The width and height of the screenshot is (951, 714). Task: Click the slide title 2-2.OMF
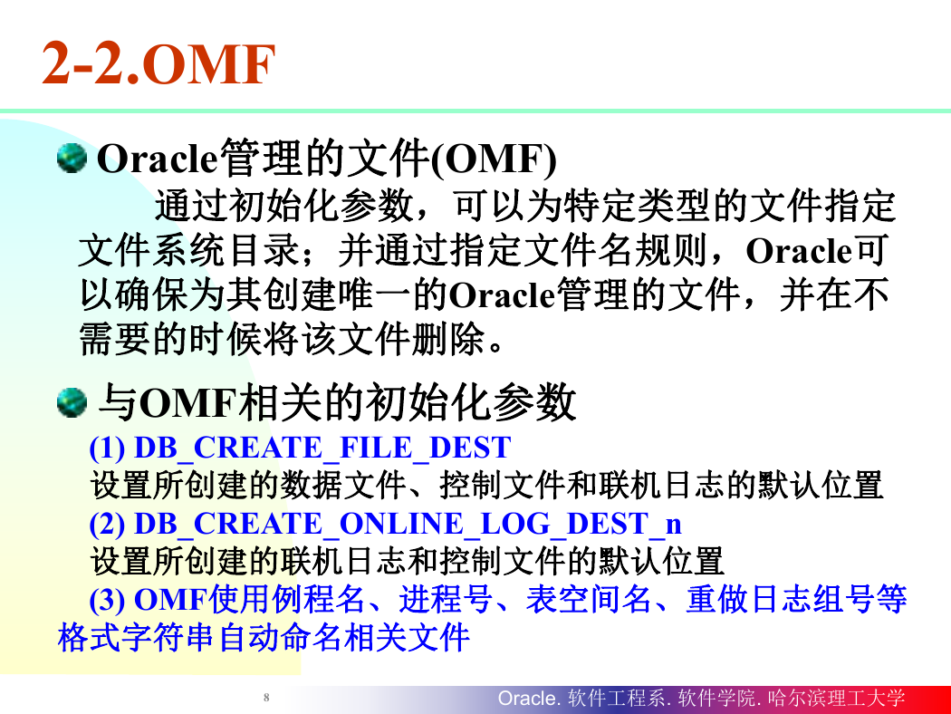[x=158, y=63]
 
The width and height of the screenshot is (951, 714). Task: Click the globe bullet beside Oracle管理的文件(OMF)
[x=72, y=159]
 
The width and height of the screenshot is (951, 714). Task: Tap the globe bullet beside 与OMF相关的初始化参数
[x=72, y=403]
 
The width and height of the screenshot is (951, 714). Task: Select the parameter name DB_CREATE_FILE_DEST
[x=322, y=449]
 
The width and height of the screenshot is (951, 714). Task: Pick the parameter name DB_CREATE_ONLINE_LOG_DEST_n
[x=408, y=524]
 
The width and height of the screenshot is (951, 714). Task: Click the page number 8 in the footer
[x=266, y=698]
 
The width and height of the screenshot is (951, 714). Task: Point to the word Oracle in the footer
[x=526, y=699]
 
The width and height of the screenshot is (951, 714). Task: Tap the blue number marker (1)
[x=108, y=449]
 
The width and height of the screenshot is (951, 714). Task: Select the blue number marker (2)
[x=108, y=524]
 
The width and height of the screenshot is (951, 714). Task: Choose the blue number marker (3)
[x=108, y=600]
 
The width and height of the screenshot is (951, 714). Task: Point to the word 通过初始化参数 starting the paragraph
[x=284, y=206]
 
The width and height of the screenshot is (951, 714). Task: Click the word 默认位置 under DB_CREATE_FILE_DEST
[x=821, y=486]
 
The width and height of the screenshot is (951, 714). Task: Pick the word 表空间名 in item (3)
[x=589, y=599]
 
